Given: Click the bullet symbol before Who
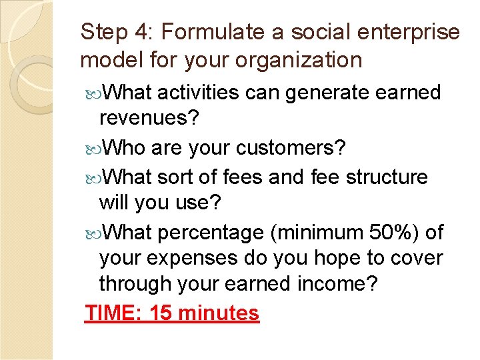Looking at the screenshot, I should tap(92, 148).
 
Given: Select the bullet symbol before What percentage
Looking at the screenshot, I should tap(92, 233).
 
